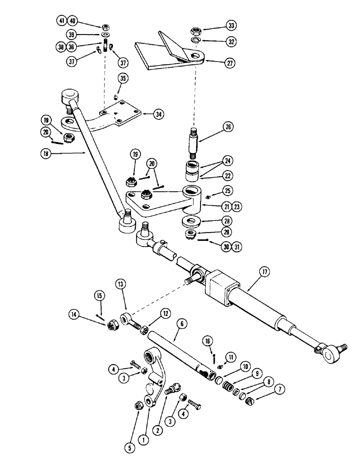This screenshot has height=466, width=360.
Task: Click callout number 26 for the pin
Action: [228, 127]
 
